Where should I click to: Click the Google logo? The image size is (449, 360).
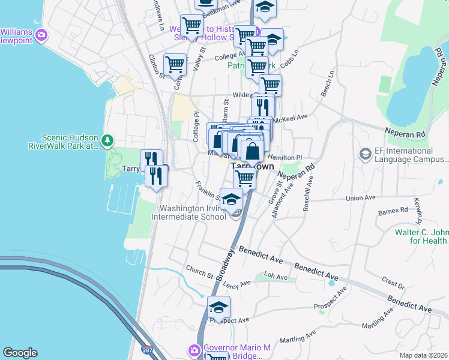pyautogui.click(x=20, y=353)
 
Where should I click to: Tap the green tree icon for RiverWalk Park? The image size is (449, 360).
pyautogui.click(x=107, y=141)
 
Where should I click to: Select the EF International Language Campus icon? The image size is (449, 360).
pyautogui.click(x=365, y=155)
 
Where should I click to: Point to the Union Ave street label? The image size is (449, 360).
pyautogui.click(x=361, y=197)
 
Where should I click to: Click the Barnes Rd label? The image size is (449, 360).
pyautogui.click(x=393, y=211)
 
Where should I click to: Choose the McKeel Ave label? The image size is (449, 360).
pyautogui.click(x=290, y=118)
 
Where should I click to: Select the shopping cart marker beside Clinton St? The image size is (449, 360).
pyautogui.click(x=175, y=64)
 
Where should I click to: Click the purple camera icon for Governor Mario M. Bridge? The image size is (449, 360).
pyautogui.click(x=194, y=350)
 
